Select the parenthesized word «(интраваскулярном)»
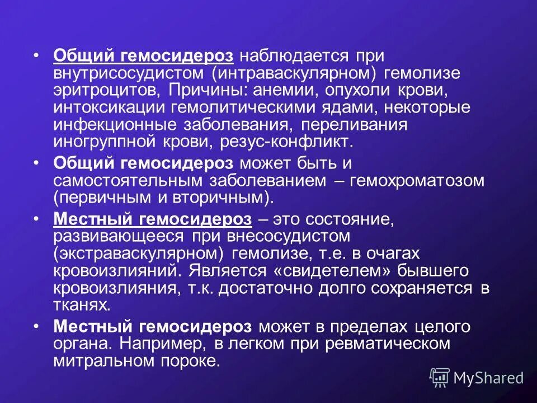click(290, 73)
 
